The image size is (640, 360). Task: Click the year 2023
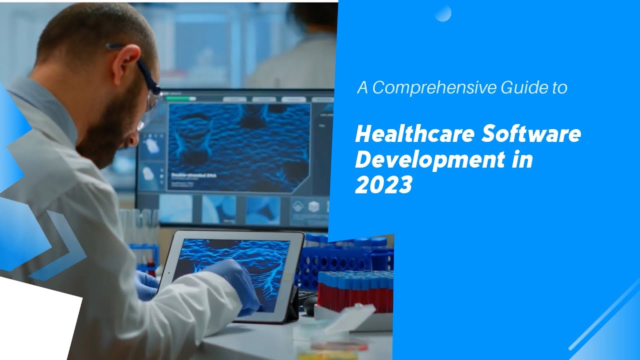tap(383, 185)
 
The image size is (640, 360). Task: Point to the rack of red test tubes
tap(355, 290)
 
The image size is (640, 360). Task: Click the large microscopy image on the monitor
tap(239, 147)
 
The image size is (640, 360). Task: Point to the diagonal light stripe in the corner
tap(605, 320)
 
